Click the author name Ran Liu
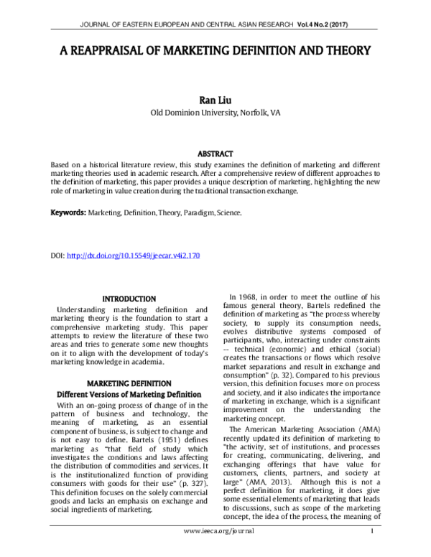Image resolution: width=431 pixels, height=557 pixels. tap(215, 99)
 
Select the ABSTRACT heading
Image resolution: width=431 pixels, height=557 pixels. tap(215, 154)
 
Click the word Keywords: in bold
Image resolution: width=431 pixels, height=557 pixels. tap(68, 213)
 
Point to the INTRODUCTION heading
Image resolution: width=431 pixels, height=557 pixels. tap(129, 299)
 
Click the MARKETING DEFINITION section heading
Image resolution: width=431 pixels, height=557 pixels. tap(129, 383)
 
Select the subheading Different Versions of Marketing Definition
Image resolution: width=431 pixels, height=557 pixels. tap(129, 395)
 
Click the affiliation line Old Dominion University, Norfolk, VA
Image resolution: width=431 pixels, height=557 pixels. tap(215, 113)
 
